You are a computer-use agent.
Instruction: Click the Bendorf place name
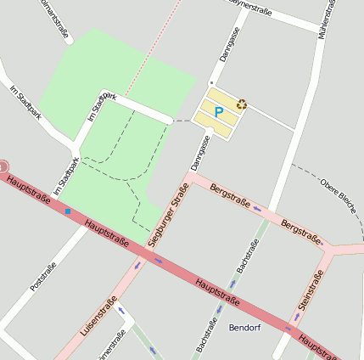point(244,327)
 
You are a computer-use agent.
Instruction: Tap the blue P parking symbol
point(218,111)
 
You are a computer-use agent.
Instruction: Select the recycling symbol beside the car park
point(242,104)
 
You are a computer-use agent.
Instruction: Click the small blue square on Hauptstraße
point(68,211)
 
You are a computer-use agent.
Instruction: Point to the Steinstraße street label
point(311,290)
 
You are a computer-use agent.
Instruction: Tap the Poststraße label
point(42,277)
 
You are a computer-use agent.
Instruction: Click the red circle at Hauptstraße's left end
point(3,166)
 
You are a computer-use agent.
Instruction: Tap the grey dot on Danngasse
point(211,82)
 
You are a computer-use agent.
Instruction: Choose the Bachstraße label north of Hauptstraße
point(249,255)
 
